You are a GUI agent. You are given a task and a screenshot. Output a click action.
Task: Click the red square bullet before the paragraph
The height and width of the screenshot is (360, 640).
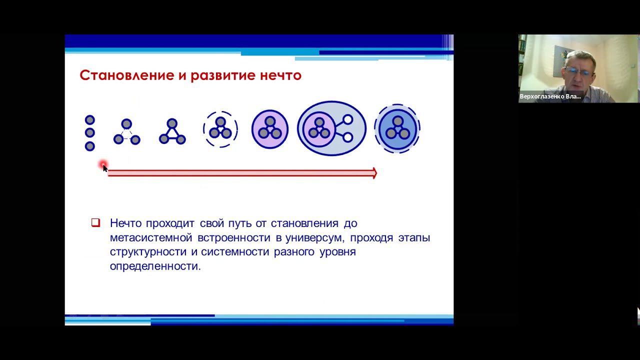[x=95, y=223]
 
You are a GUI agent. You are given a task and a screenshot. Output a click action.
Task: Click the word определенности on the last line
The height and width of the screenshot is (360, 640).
[x=155, y=266]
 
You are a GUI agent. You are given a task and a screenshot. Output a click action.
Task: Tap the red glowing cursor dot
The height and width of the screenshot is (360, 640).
[x=103, y=164]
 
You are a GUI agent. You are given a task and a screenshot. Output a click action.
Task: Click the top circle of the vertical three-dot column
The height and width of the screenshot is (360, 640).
[x=90, y=120]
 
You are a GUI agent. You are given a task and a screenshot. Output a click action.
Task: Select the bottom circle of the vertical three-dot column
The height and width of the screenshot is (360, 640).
[x=90, y=146]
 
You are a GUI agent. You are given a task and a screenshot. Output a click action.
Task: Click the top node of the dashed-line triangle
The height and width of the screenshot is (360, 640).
[x=126, y=123]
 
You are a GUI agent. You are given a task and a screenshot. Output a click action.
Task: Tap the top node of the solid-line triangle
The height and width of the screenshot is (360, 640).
[x=172, y=123]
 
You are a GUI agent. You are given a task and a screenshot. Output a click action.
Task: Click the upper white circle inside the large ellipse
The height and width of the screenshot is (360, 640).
[x=348, y=120]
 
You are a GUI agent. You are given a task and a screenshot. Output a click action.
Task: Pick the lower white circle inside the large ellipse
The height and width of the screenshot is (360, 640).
[x=348, y=137]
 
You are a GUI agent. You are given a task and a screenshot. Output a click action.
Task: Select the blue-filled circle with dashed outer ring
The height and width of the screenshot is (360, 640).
[x=397, y=129]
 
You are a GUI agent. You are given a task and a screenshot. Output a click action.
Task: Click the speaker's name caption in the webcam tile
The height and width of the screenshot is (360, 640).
[x=550, y=96]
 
